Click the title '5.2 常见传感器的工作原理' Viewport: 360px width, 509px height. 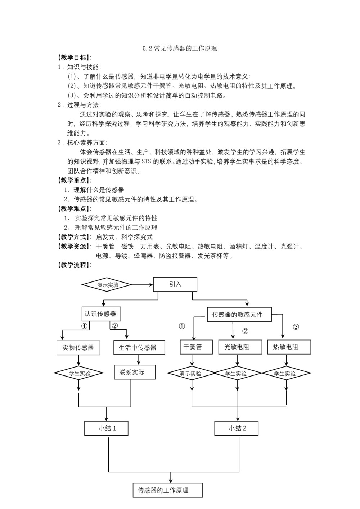(x=180, y=49)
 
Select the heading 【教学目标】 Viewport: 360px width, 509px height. (x=74, y=58)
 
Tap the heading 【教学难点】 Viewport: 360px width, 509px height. (x=74, y=208)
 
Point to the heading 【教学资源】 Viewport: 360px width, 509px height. (x=74, y=247)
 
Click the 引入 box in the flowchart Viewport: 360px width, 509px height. (x=175, y=284)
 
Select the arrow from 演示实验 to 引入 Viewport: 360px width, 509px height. (x=143, y=285)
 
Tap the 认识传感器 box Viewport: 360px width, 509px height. (x=100, y=314)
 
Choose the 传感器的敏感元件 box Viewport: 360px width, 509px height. (x=238, y=315)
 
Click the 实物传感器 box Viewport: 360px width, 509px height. (x=78, y=348)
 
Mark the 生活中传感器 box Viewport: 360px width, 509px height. (x=138, y=348)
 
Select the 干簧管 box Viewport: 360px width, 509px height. (x=193, y=347)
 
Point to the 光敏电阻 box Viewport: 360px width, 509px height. (x=237, y=347)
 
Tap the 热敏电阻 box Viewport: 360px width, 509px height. (x=285, y=347)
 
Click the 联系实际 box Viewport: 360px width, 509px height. (x=132, y=372)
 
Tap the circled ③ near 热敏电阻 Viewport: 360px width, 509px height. (x=296, y=327)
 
